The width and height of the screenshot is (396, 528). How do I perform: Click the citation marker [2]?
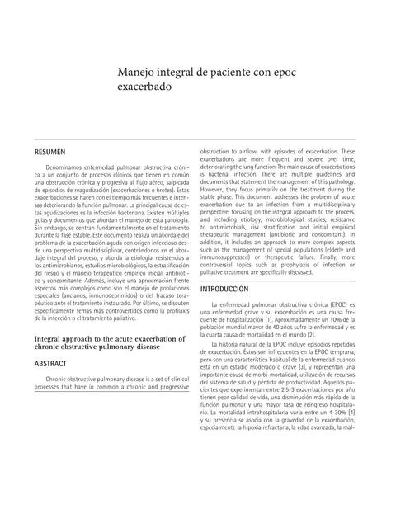click(311, 334)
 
